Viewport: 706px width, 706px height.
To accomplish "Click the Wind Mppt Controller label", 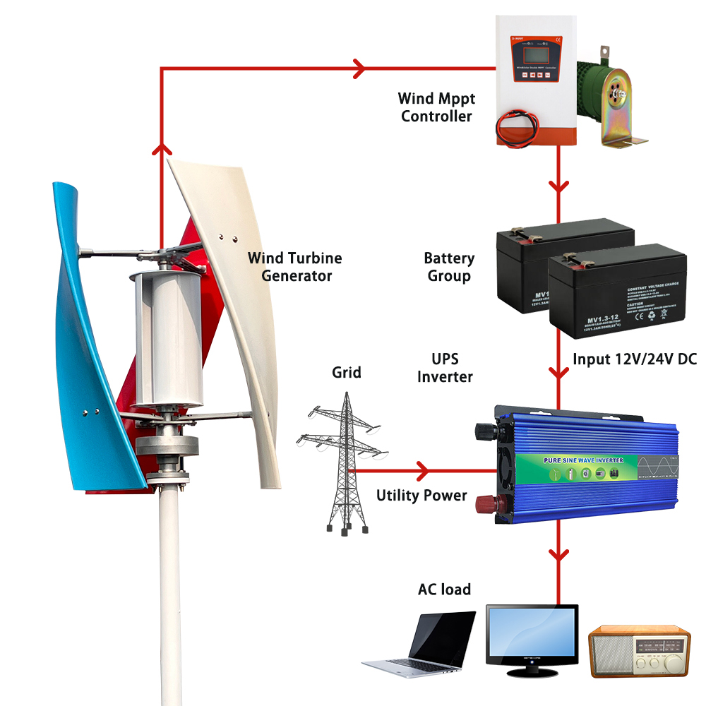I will pyautogui.click(x=436, y=107).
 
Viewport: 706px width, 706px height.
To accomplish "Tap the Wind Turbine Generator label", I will pyautogui.click(x=295, y=266).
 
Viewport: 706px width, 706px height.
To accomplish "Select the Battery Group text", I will pyautogui.click(x=449, y=267).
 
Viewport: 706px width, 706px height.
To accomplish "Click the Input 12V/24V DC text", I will pyautogui.click(x=634, y=359).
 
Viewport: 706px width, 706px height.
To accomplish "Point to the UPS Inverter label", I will pyautogui.click(x=445, y=367).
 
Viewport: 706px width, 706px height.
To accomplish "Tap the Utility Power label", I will pyautogui.click(x=421, y=496).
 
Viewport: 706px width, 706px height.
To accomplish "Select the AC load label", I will pyautogui.click(x=444, y=589).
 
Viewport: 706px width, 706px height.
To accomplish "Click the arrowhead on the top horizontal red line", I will pyautogui.click(x=359, y=68).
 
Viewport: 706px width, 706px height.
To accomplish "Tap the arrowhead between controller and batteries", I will pyautogui.click(x=560, y=188).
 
